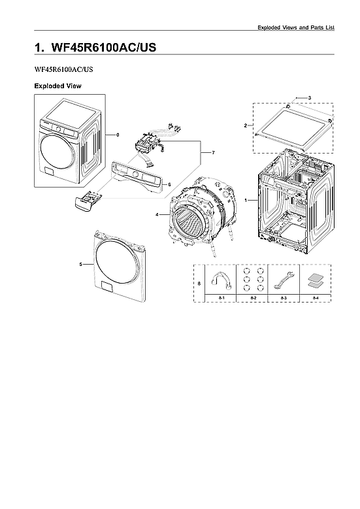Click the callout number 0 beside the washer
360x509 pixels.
pyautogui.click(x=118, y=135)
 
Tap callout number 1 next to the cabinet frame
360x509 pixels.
pyautogui.click(x=246, y=199)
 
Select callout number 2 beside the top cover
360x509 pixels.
pyautogui.click(x=245, y=125)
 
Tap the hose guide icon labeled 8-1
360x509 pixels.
pyautogui.click(x=220, y=281)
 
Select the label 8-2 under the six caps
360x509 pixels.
pyautogui.click(x=252, y=297)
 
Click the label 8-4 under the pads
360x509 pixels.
pyautogui.click(x=316, y=297)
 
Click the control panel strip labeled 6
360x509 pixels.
pyautogui.click(x=135, y=174)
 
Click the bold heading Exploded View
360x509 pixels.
pyautogui.click(x=57, y=86)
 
